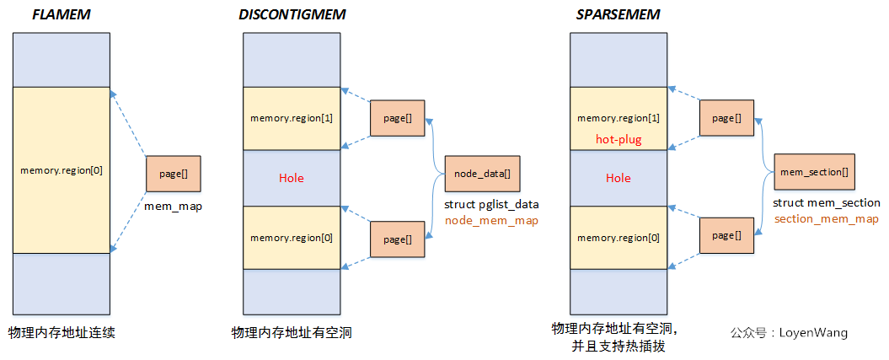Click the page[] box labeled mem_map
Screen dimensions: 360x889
coord(173,174)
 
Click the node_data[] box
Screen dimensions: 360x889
coord(482,174)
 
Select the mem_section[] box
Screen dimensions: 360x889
coord(814,172)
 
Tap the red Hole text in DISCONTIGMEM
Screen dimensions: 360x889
coord(291,178)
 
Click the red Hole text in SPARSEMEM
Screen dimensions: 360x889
coord(618,178)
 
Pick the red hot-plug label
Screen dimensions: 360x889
coord(619,139)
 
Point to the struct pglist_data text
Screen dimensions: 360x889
coord(490,204)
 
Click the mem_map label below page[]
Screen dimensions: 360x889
coord(172,205)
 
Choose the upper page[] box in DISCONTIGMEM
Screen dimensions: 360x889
coord(397,118)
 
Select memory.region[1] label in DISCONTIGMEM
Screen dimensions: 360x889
coord(292,118)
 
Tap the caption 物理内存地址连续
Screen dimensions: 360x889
coord(61,332)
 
